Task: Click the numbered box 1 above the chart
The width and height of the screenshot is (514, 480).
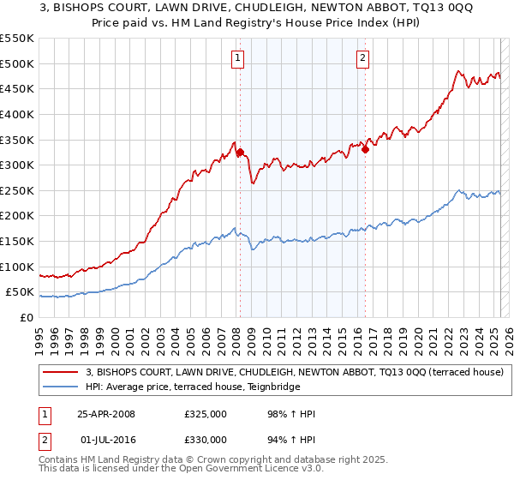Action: pos(237,58)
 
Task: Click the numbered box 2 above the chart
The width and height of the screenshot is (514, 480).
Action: pos(363,58)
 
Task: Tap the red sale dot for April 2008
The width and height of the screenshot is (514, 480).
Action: pos(240,153)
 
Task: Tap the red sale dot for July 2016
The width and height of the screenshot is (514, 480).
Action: pos(365,149)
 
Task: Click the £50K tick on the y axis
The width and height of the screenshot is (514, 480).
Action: pos(21,292)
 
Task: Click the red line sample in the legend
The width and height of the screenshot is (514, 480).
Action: pos(61,372)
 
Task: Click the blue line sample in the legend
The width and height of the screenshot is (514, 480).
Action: pos(61,387)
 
